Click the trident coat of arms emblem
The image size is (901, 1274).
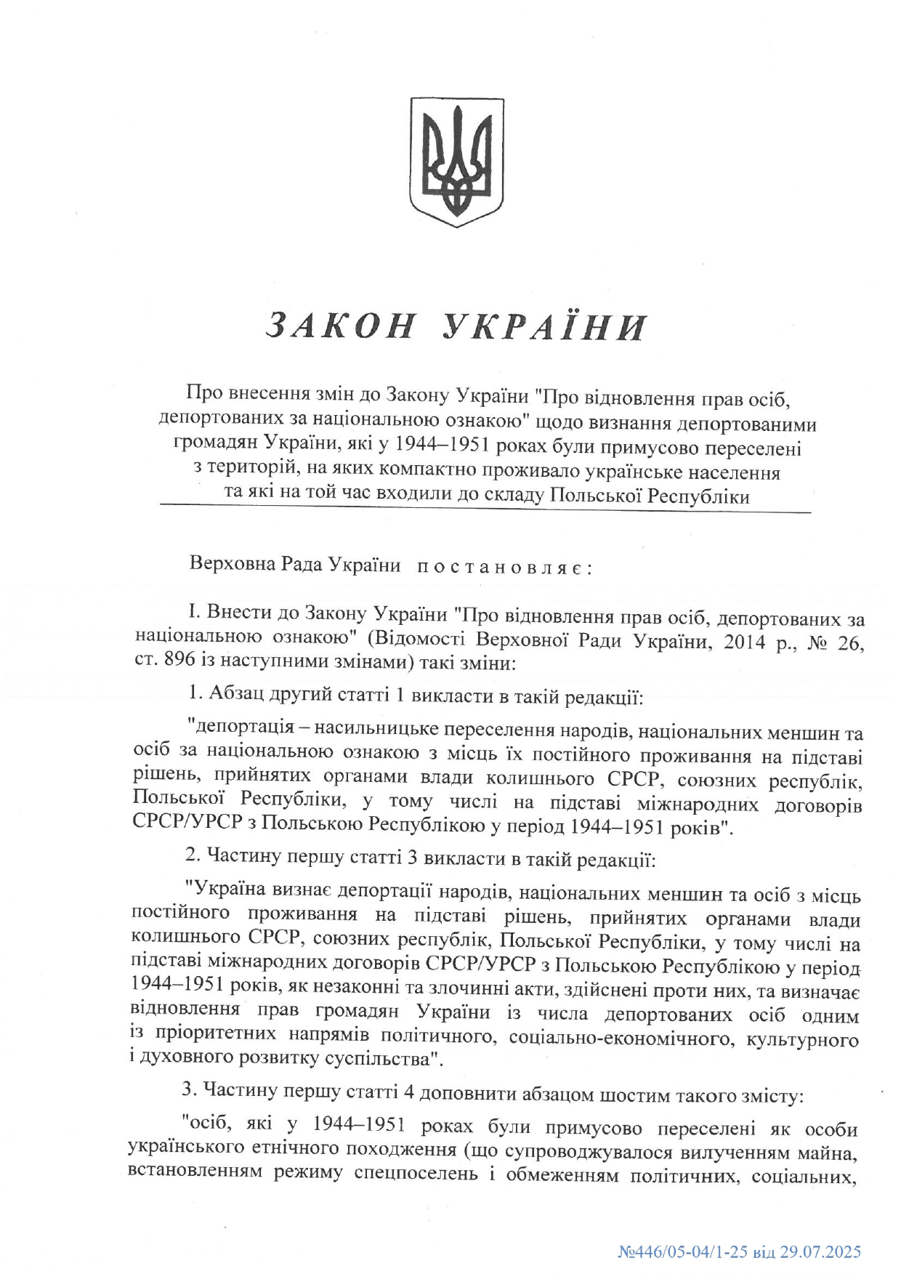point(456,161)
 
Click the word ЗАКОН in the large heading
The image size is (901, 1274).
point(341,326)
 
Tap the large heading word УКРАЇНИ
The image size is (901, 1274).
point(544,326)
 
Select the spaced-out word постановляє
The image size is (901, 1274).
point(505,567)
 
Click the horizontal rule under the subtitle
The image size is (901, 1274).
point(485,513)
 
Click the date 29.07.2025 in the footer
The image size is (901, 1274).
point(820,1252)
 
